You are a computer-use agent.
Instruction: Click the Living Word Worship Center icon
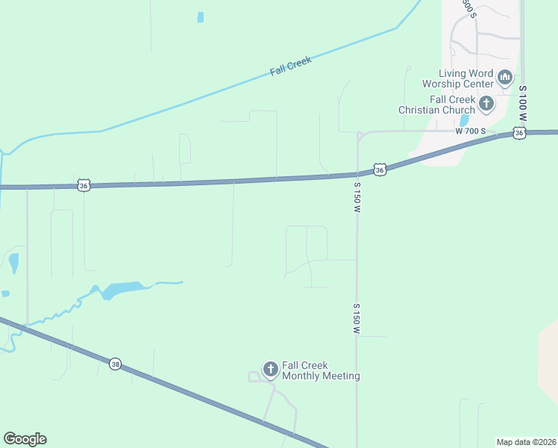[x=505, y=78]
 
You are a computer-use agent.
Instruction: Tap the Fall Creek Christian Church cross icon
[x=486, y=104]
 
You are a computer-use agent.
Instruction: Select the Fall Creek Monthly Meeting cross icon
[x=270, y=369]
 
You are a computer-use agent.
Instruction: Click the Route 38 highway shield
[x=115, y=364]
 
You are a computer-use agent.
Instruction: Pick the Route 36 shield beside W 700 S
[x=519, y=133]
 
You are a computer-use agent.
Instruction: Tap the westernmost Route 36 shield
[x=83, y=185]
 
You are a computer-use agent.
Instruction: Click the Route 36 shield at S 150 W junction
[x=380, y=170]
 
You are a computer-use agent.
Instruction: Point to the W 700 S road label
[x=471, y=131]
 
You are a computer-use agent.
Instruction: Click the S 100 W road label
[x=524, y=105]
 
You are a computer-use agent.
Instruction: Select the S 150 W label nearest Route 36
[x=357, y=197]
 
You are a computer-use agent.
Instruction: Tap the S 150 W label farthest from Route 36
[x=357, y=319]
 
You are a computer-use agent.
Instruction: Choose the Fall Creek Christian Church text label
[x=436, y=105]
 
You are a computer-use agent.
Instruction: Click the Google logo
[x=25, y=439]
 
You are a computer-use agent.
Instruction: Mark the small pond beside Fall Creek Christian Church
[x=464, y=120]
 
